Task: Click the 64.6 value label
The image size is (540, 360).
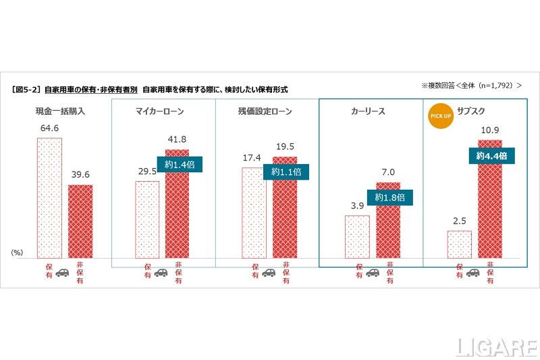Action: click(49, 128)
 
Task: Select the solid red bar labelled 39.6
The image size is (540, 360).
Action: click(80, 221)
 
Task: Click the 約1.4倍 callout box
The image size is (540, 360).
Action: click(180, 165)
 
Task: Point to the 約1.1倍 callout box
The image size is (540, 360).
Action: click(286, 172)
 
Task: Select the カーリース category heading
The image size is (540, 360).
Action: click(368, 111)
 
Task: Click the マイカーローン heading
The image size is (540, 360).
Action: click(160, 111)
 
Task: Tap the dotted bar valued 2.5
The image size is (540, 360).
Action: click(459, 244)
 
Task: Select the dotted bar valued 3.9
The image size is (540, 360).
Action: click(357, 236)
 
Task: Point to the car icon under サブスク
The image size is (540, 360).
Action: click(473, 274)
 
